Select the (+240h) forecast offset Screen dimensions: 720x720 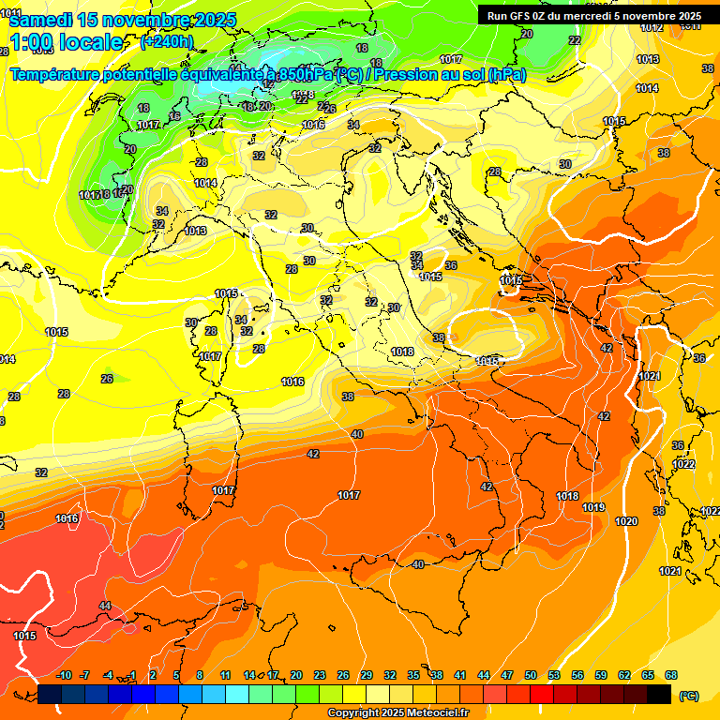click(167, 42)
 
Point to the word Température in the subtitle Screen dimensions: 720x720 click(55, 75)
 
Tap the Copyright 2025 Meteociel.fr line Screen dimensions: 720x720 click(397, 713)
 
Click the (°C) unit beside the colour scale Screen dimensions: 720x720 click(688, 696)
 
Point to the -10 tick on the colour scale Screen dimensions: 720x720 click(64, 675)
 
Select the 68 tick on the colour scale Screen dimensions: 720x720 click(671, 675)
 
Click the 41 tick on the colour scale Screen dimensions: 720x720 click(460, 675)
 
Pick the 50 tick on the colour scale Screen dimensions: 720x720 click(531, 675)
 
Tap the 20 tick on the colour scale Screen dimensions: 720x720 click(296, 675)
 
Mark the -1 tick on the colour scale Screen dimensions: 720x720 click(132, 675)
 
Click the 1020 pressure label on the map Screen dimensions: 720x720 click(626, 521)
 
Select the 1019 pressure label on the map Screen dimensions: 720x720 click(593, 507)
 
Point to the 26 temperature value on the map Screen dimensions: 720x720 click(107, 379)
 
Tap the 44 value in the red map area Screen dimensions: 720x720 click(105, 607)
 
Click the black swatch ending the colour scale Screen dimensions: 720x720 click(659, 695)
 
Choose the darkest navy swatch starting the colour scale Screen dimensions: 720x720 click(50, 695)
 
